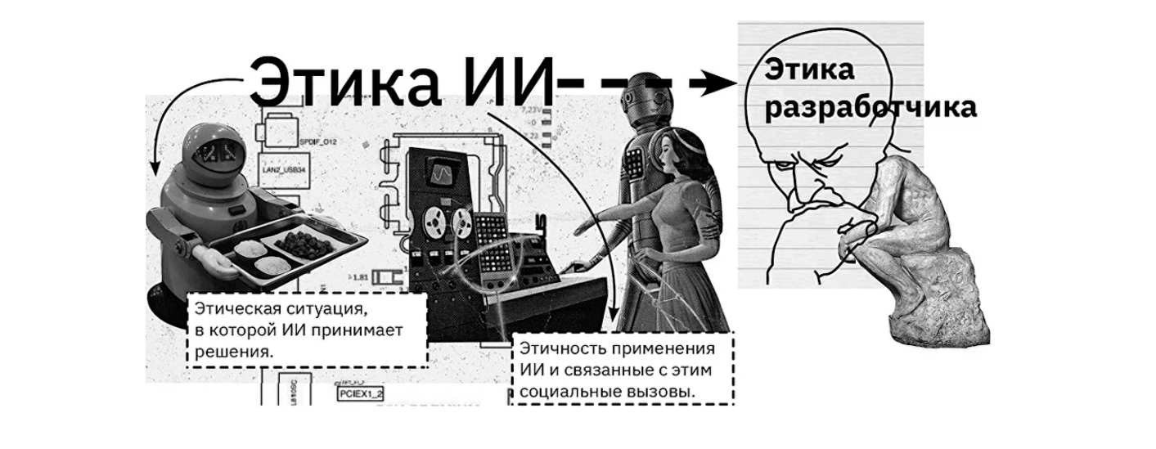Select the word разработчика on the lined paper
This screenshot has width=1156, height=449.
coord(870,108)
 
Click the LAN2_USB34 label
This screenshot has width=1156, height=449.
coord(300,169)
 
